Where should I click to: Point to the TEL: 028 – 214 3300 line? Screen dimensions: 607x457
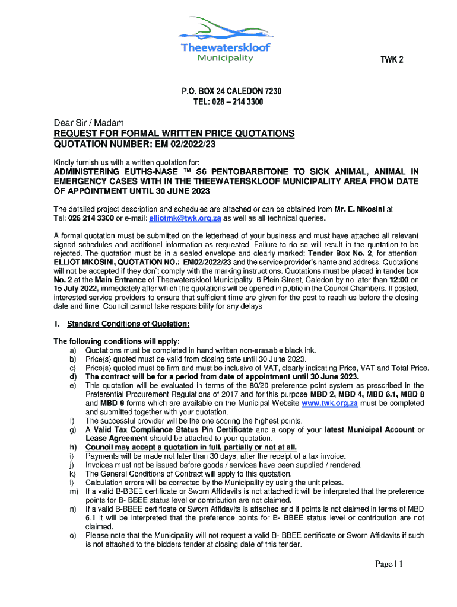tap(228, 102)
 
